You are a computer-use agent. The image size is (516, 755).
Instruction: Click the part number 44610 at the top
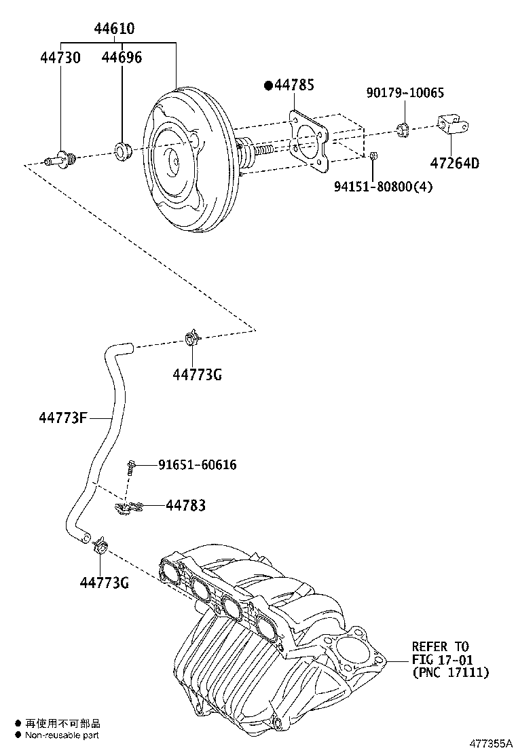click(x=114, y=29)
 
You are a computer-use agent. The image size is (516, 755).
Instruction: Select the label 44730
click(x=59, y=58)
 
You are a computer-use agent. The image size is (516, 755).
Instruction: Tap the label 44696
click(x=122, y=58)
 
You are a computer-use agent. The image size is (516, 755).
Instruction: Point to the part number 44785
click(x=294, y=86)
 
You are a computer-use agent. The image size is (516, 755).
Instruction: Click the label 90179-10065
click(x=405, y=93)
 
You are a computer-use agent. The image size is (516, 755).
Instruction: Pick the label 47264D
click(x=454, y=163)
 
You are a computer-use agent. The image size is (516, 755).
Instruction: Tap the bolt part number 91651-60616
click(x=198, y=464)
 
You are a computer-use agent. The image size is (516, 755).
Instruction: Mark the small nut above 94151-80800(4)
click(x=374, y=156)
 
